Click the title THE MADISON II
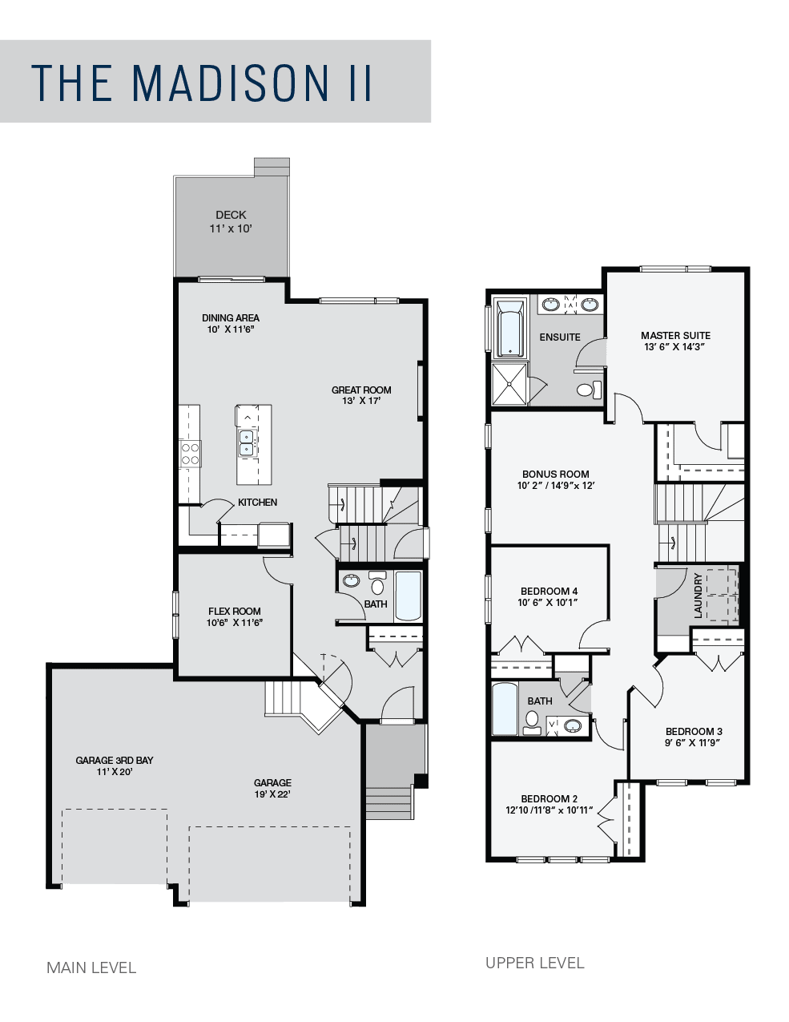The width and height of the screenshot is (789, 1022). click(202, 83)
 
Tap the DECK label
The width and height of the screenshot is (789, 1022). click(231, 215)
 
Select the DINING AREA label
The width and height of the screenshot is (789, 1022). click(231, 318)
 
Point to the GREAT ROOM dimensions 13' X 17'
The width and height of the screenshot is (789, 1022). click(361, 401)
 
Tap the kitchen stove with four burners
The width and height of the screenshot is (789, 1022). click(190, 454)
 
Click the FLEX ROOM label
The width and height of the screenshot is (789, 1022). click(235, 611)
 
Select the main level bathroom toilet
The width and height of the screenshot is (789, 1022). click(377, 584)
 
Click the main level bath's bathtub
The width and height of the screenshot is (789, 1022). click(408, 596)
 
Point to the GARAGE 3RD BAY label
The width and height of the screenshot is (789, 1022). click(115, 760)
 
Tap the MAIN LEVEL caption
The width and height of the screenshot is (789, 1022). click(91, 967)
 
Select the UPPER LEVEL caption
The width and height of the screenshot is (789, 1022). click(535, 963)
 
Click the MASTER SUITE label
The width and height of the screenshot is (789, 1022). click(675, 335)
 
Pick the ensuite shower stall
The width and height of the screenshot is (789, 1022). click(509, 384)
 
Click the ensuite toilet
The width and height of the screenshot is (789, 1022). click(590, 390)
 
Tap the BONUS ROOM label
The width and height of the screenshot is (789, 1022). click(555, 474)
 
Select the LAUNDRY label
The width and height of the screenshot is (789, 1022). click(698, 596)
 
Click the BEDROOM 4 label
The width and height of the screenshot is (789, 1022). click(549, 592)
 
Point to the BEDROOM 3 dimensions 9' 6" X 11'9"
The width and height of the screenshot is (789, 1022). click(693, 742)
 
